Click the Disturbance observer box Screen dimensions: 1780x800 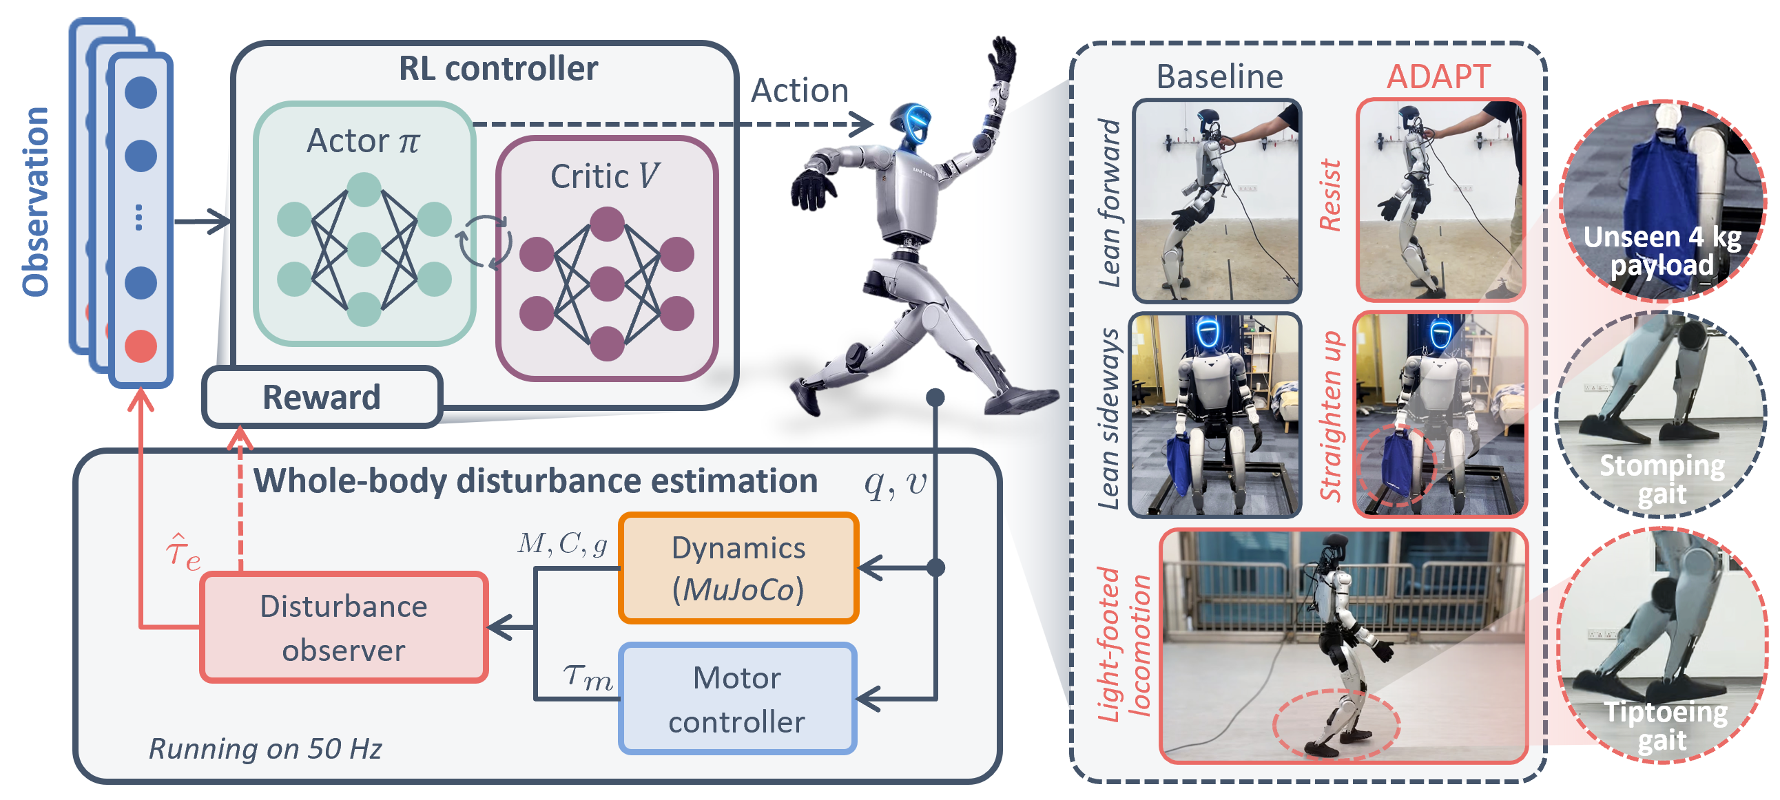coord(344,627)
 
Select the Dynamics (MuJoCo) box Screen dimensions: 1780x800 coord(738,568)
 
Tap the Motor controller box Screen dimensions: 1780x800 coord(738,698)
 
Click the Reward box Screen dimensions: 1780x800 coord(322,397)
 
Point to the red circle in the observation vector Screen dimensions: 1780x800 coord(141,346)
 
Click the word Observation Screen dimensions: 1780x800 coord(35,202)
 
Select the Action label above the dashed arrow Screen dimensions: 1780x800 coord(800,90)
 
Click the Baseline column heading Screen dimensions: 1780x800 coord(1219,76)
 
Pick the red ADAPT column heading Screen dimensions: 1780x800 coord(1438,76)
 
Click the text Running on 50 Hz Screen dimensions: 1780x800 coord(265,749)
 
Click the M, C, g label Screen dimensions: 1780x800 coord(563,545)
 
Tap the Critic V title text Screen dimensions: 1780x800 coord(606,176)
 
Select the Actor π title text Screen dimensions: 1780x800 coord(364,141)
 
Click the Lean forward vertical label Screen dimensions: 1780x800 coord(1110,203)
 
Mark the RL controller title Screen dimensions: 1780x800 coord(498,68)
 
